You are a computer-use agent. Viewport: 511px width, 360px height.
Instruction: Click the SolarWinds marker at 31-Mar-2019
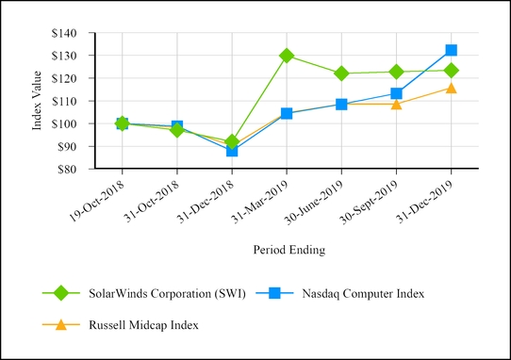[x=287, y=56]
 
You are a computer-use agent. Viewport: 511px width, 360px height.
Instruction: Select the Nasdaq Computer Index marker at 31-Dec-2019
[x=452, y=50]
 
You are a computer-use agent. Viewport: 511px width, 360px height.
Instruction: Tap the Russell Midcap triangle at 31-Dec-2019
[x=452, y=88]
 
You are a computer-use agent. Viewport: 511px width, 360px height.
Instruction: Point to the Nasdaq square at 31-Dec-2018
[x=232, y=150]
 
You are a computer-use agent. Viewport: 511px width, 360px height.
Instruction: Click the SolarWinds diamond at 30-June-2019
[x=341, y=74]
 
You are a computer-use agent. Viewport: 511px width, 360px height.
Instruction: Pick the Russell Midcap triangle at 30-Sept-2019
[x=396, y=104]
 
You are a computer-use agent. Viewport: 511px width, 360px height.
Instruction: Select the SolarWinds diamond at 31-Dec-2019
[x=452, y=71]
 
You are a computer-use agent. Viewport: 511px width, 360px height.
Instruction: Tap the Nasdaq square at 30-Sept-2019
[x=396, y=93]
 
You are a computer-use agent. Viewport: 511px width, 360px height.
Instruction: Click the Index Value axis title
[x=38, y=101]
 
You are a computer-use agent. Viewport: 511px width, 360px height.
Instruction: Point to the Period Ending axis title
[x=288, y=251]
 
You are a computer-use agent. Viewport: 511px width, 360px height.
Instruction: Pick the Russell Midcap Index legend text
[x=153, y=324]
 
